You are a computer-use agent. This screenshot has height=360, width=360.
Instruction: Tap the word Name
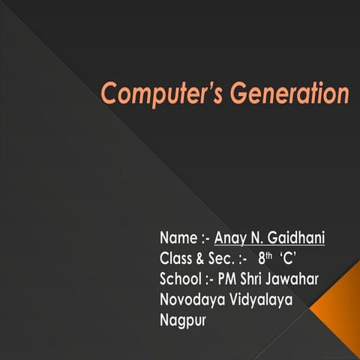click(177, 239)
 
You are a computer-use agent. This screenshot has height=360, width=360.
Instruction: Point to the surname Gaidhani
click(299, 239)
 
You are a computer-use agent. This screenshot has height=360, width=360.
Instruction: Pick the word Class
click(176, 259)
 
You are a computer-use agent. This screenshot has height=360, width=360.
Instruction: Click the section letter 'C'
click(289, 259)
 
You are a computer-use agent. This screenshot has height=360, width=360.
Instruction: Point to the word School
click(181, 280)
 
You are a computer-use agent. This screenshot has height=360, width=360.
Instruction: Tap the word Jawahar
click(296, 280)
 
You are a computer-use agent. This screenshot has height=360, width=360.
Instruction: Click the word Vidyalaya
click(259, 301)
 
